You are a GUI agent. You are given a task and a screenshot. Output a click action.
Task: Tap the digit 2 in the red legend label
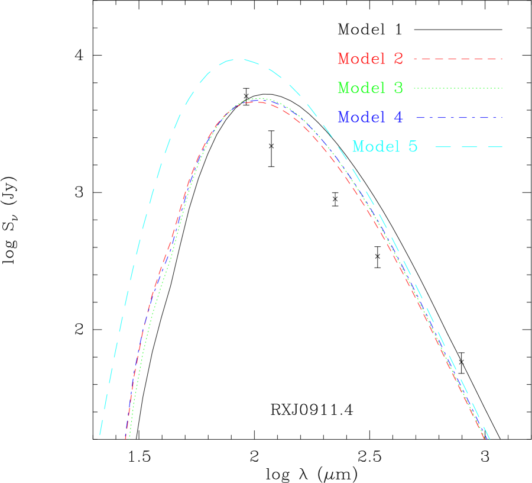pos(398,59)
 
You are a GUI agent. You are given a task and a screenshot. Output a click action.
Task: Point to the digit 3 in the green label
pos(398,88)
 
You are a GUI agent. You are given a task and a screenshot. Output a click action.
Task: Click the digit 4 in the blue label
pos(398,117)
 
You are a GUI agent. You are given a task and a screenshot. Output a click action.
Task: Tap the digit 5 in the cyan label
pos(413,146)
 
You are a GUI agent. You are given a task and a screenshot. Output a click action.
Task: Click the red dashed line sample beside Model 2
pos(458,59)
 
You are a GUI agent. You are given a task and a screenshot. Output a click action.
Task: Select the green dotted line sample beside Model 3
pos(458,88)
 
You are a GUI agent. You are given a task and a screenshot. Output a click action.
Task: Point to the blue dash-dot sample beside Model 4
pos(459,117)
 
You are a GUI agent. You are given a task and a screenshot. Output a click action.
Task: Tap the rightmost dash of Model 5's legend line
pos(495,146)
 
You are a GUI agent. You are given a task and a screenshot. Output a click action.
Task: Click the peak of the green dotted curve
pos(258,98)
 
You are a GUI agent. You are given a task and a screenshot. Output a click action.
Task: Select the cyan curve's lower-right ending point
pos(489,438)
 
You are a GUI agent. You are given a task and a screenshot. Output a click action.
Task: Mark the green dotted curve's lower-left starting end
pos(129,439)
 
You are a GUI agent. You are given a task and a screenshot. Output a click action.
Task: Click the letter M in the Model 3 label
pos(345,88)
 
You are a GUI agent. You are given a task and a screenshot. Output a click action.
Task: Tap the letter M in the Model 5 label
pos(359,146)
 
